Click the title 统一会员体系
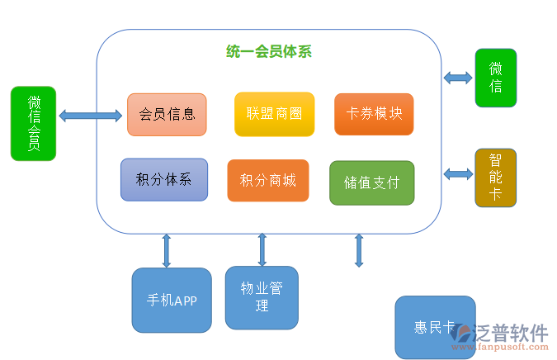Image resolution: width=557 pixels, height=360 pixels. click(x=268, y=51)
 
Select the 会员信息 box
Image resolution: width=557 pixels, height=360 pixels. click(x=167, y=114)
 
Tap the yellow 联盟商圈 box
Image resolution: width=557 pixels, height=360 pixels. click(x=274, y=114)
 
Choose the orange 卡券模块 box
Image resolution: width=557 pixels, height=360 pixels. click(x=374, y=114)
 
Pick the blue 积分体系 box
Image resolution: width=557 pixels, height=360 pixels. click(x=163, y=179)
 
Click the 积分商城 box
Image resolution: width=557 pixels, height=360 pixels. click(x=267, y=180)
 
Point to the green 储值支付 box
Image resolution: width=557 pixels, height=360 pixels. click(x=371, y=182)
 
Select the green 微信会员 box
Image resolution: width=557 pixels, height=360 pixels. click(x=33, y=123)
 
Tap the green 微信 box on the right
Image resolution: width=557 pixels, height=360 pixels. click(x=495, y=78)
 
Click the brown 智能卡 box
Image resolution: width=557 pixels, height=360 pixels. click(x=495, y=178)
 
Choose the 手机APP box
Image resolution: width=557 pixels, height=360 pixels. click(x=172, y=300)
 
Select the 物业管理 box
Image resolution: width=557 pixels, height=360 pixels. click(x=262, y=297)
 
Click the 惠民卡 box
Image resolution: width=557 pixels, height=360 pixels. click(x=434, y=327)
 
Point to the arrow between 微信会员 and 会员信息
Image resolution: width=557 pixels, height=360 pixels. click(x=91, y=116)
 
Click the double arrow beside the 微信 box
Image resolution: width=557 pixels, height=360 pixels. click(x=457, y=78)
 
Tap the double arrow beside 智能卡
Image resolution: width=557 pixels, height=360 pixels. click(x=458, y=173)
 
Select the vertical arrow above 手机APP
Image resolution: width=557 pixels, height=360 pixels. click(x=167, y=250)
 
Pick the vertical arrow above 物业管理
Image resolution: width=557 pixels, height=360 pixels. click(x=262, y=249)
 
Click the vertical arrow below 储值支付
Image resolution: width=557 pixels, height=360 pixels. click(x=359, y=250)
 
